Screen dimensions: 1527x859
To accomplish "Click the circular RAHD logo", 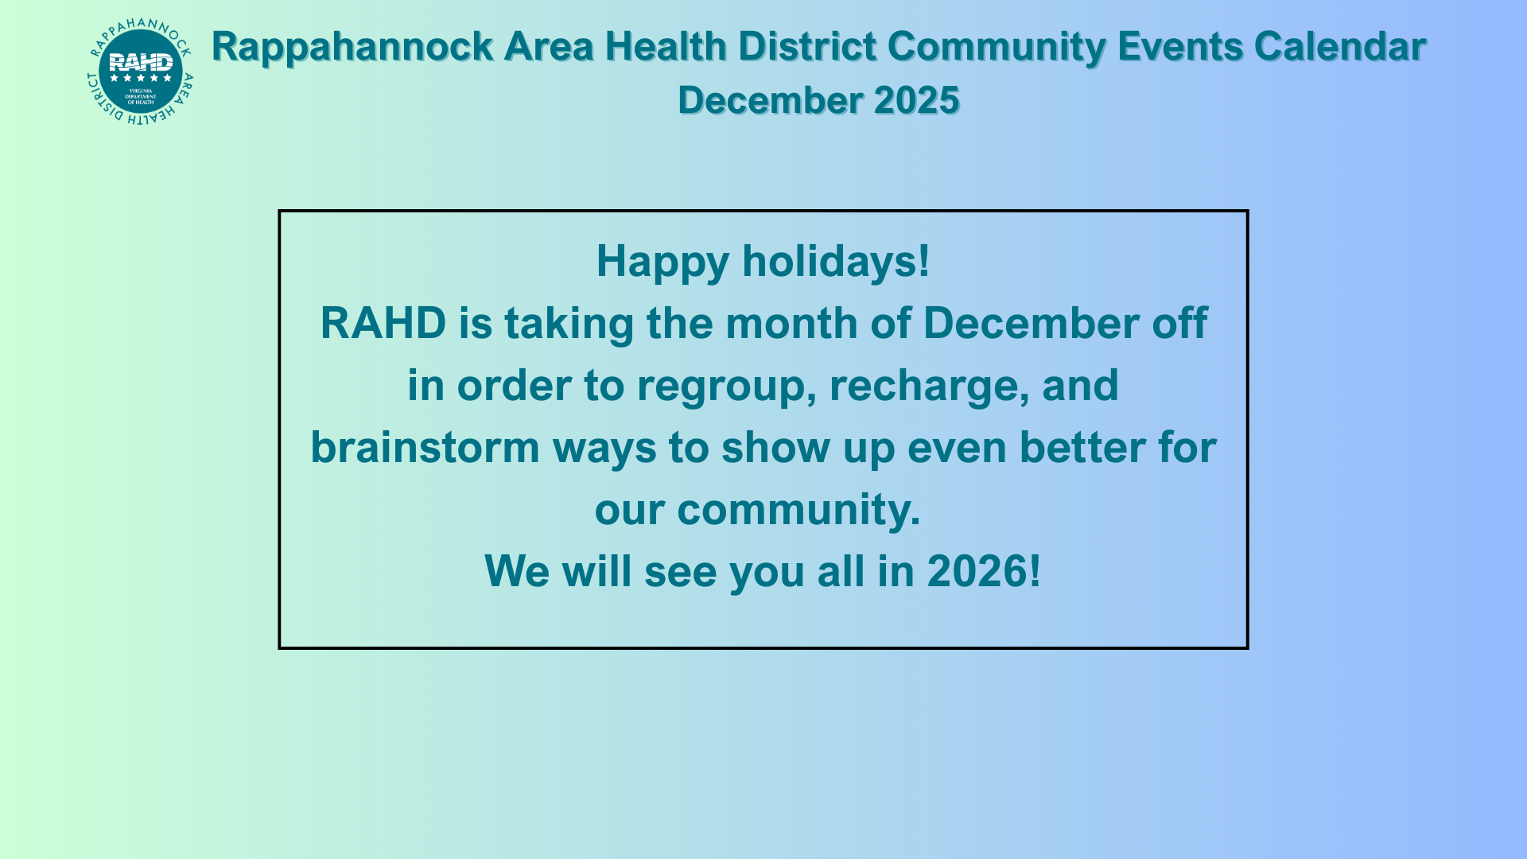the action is point(140,72).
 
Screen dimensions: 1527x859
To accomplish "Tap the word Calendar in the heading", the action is point(1340,46).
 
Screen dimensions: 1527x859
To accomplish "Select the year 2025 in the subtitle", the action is point(917,100).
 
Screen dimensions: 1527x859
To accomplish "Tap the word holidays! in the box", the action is point(836,261).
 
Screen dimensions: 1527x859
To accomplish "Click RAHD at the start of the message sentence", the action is point(383,324).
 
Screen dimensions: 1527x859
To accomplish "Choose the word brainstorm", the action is point(425,447).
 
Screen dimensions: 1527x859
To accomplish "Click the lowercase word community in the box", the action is point(798,511).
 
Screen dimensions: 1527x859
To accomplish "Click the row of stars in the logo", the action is point(141,78).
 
